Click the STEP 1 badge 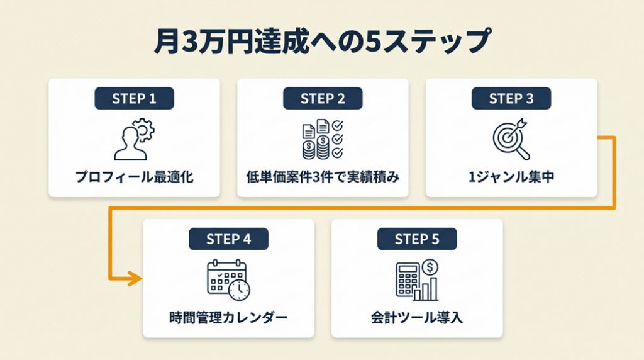(x=134, y=98)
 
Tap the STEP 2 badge (x=323, y=98)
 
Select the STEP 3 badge (x=511, y=98)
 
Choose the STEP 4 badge (x=228, y=239)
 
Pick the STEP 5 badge (x=417, y=239)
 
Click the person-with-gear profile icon (x=133, y=140)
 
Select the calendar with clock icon (x=228, y=279)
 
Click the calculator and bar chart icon (x=417, y=279)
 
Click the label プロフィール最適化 (x=134, y=177)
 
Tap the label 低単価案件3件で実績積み (x=323, y=177)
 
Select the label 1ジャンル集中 (x=511, y=177)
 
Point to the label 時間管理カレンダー (x=228, y=318)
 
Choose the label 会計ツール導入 (x=417, y=318)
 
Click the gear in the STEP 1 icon (x=144, y=130)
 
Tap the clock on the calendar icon (x=240, y=290)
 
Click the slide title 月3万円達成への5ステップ (x=322, y=42)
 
